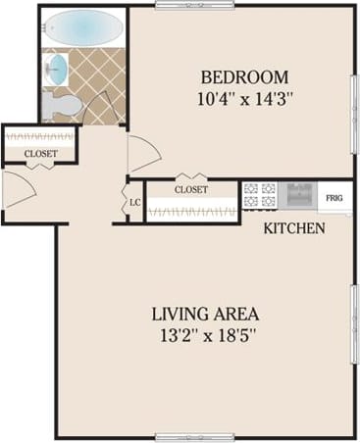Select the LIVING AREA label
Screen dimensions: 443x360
click(204, 315)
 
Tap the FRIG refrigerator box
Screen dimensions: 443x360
click(334, 198)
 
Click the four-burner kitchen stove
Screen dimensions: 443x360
click(258, 195)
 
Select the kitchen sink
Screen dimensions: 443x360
click(298, 195)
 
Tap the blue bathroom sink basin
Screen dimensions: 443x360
click(58, 69)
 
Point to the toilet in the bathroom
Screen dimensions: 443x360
click(61, 105)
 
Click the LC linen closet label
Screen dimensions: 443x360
click(135, 203)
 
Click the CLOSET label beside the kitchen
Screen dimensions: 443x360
click(191, 189)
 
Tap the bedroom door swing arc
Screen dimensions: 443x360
click(143, 153)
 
